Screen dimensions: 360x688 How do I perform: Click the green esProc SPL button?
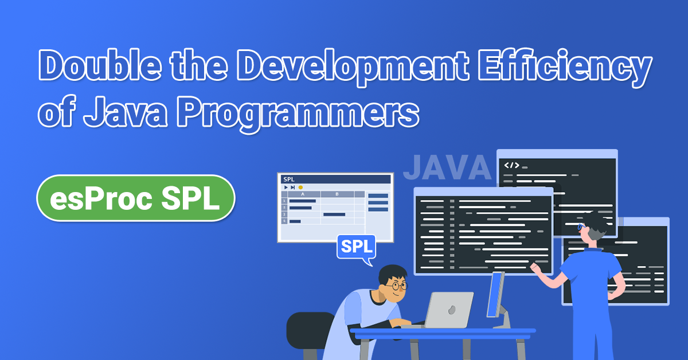[136, 198]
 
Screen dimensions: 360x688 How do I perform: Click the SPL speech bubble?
[356, 247]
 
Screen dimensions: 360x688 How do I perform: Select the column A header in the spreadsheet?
[303, 194]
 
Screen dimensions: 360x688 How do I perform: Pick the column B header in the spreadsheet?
[337, 194]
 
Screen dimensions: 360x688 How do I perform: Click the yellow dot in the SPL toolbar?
[300, 187]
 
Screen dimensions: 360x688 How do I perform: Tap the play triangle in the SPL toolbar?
[286, 187]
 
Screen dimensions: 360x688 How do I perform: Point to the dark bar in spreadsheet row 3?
[334, 214]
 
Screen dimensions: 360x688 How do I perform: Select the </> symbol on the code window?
[511, 165]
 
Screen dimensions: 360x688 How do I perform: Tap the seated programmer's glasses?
[396, 285]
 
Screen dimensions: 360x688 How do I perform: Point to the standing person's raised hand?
[535, 267]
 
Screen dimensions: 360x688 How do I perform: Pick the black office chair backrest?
[310, 330]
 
